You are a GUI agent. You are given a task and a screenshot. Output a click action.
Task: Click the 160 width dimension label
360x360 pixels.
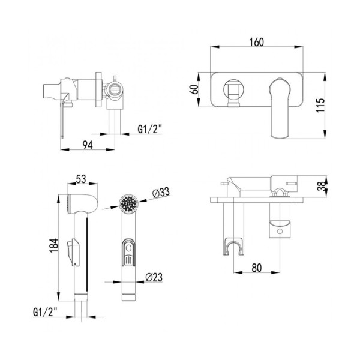(256, 42)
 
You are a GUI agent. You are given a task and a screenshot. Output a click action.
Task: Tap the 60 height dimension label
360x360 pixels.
(194, 89)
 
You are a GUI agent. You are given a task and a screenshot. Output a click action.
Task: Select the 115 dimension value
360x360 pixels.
(320, 105)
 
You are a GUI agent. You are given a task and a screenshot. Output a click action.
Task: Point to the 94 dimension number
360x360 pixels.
(88, 145)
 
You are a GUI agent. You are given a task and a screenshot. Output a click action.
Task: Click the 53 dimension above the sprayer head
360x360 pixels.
(81, 179)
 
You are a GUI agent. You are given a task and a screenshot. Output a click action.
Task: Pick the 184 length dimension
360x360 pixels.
(54, 245)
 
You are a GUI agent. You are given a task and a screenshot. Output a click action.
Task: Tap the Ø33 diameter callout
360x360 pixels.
(161, 193)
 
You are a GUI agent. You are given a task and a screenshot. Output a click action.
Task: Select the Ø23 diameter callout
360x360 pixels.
(154, 277)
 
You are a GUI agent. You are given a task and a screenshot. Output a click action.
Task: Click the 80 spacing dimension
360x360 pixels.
(256, 268)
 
